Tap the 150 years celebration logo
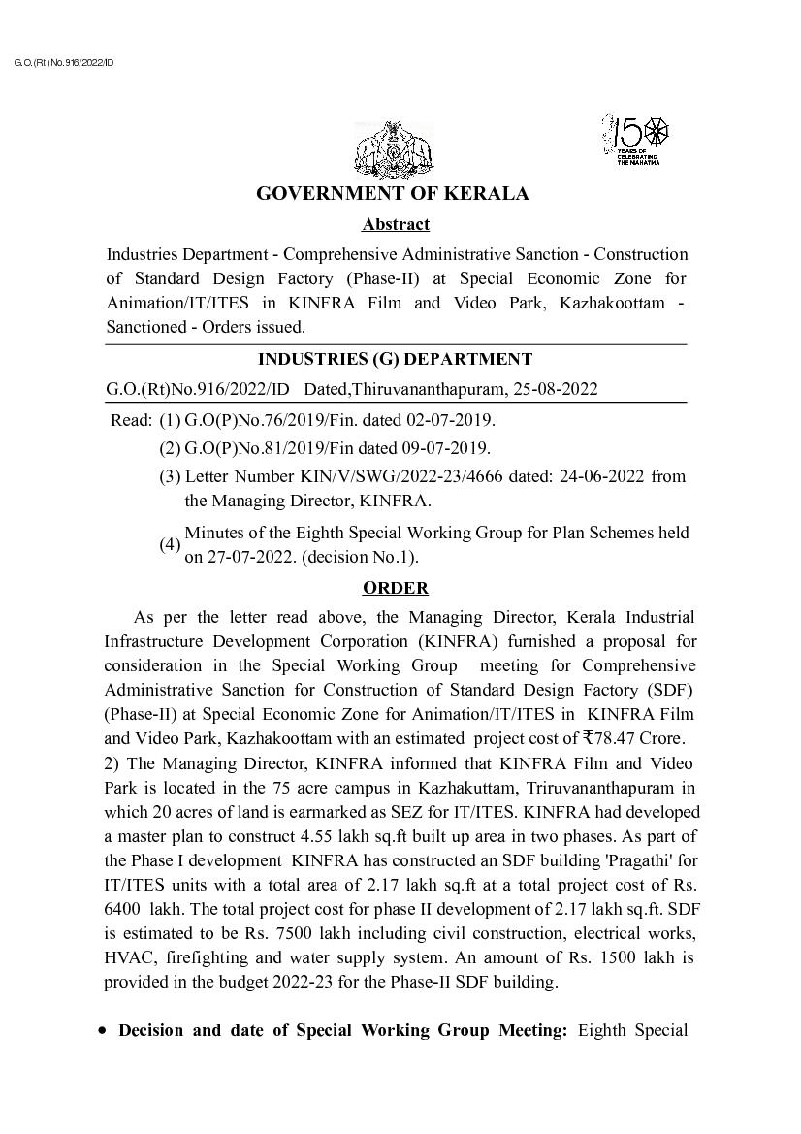(x=636, y=138)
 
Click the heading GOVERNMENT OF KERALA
(x=393, y=194)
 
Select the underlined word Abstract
(x=396, y=225)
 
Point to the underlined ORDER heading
(x=396, y=588)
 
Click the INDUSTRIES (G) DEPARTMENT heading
(x=396, y=360)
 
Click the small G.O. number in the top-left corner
(x=64, y=63)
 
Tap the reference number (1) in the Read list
(x=170, y=420)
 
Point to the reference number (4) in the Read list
(x=170, y=545)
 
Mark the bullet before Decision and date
(x=103, y=1031)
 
